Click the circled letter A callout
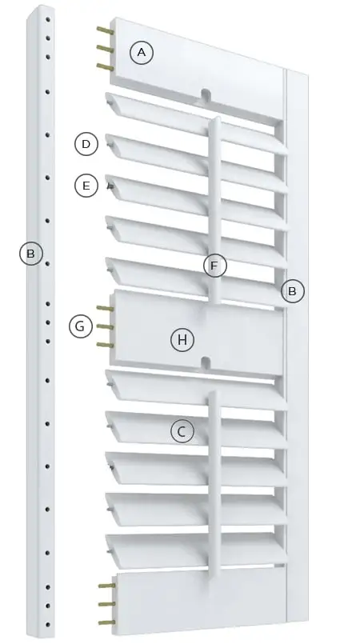pyautogui.click(x=142, y=53)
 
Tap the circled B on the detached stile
pyautogui.click(x=30, y=254)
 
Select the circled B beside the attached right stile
pyautogui.click(x=292, y=291)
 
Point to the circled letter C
pyautogui.click(x=182, y=431)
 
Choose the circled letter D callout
pyautogui.click(x=86, y=144)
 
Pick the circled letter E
pyautogui.click(x=86, y=186)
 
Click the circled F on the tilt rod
pyautogui.click(x=214, y=266)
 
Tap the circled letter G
pyautogui.click(x=81, y=326)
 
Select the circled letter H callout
pyautogui.click(x=182, y=340)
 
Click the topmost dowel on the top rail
pyautogui.click(x=106, y=30)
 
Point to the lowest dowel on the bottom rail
pyautogui.click(x=106, y=622)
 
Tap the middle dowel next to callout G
pyautogui.click(x=105, y=326)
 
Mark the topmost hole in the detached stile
pyautogui.click(x=48, y=19)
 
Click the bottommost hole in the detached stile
pyautogui.click(x=48, y=625)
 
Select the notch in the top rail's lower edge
pyautogui.click(x=206, y=94)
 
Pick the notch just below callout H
pyautogui.click(x=206, y=362)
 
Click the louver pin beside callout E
pyautogui.click(x=110, y=187)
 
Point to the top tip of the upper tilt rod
pyautogui.click(x=215, y=118)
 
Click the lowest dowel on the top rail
pyautogui.click(x=106, y=67)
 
